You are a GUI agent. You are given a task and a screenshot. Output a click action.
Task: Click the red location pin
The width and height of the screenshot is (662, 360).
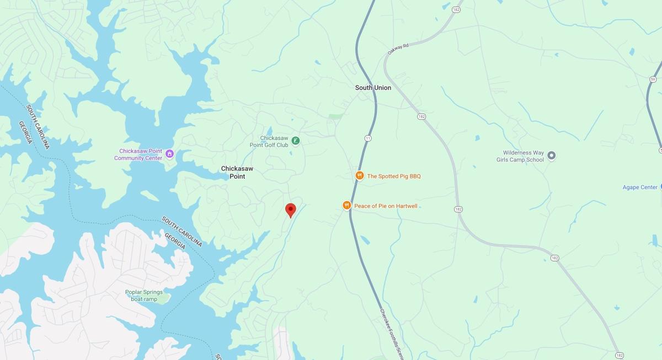[x=290, y=210]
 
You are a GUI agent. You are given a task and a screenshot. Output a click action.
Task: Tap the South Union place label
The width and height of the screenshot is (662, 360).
[x=373, y=88]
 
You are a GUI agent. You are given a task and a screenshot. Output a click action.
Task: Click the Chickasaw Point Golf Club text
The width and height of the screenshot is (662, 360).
[x=274, y=141]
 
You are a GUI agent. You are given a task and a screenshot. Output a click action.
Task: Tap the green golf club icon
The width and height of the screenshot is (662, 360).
[x=296, y=141]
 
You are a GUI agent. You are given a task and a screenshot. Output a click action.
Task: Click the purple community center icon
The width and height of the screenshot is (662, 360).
[x=170, y=154]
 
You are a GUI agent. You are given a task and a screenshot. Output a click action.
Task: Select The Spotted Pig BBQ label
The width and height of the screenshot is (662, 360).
[x=394, y=176]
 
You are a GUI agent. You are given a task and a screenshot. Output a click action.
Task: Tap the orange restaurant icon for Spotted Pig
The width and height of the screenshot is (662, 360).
[x=359, y=176]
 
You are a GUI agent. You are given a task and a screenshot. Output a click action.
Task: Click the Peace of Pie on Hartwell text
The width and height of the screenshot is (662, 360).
[x=386, y=206]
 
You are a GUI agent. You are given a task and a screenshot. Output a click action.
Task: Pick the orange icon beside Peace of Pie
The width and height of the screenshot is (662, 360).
[x=346, y=206]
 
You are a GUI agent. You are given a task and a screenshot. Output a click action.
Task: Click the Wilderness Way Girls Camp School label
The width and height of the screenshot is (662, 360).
[x=520, y=156]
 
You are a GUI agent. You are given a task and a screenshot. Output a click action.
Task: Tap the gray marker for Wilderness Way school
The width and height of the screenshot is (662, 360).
[x=551, y=155]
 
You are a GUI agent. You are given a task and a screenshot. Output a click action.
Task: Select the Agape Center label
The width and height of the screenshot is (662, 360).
[x=640, y=187]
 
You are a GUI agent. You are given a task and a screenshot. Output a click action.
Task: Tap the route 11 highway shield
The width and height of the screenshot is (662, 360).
[x=368, y=137]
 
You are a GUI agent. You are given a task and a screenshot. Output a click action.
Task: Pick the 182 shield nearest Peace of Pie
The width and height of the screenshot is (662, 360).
[x=458, y=209]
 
